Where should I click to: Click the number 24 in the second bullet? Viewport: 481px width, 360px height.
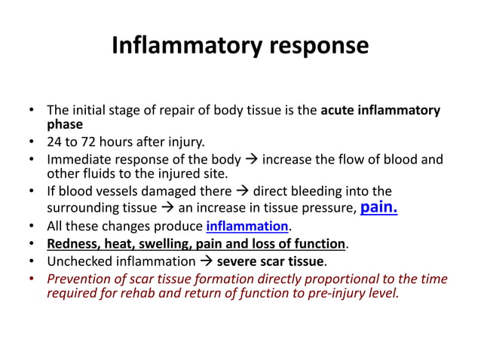click(x=55, y=142)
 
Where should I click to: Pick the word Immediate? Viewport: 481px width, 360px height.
click(x=78, y=159)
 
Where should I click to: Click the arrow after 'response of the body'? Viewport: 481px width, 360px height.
click(x=252, y=159)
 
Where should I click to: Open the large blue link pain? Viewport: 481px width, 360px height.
click(x=378, y=206)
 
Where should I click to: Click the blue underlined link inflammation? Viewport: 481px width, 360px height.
click(x=247, y=226)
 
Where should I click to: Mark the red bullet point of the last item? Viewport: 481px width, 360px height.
click(x=32, y=279)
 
